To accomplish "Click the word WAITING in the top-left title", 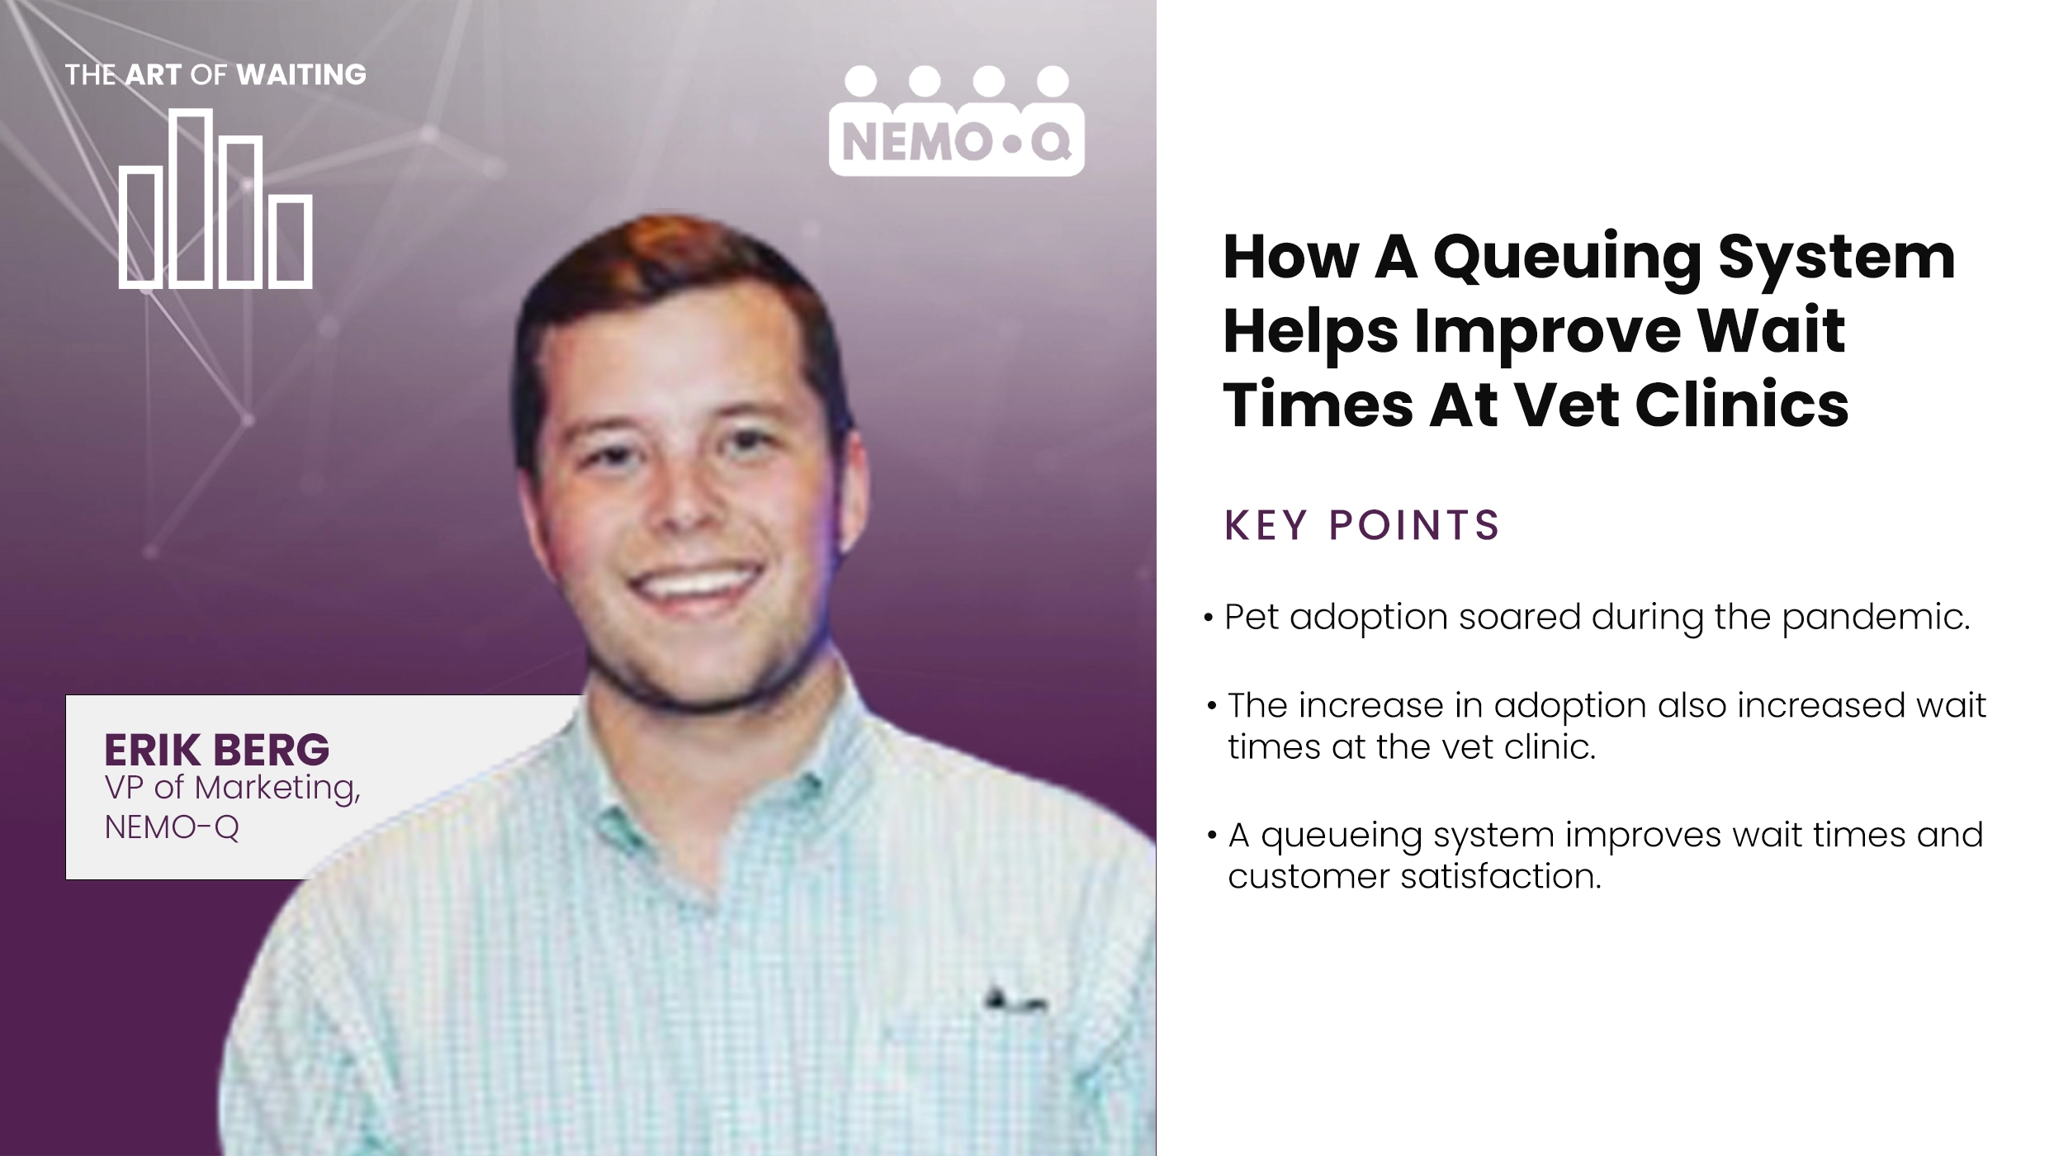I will click(301, 75).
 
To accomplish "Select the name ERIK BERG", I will click(216, 750).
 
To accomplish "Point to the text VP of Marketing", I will click(232, 788).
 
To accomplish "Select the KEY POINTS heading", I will click(1361, 525).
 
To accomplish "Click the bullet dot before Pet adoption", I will click(1209, 618).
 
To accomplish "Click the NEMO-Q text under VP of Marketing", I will click(172, 827).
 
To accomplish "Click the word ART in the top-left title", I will click(153, 75).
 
